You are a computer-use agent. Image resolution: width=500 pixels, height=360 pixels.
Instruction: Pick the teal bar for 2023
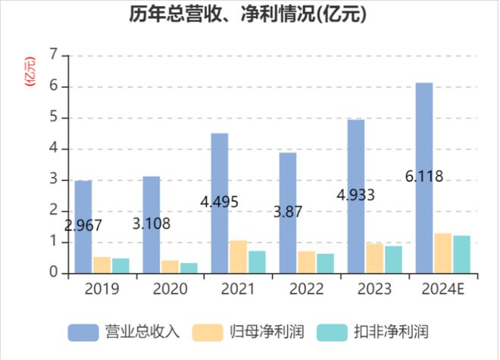pos(393,259)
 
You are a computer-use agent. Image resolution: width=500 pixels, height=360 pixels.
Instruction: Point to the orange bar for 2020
pos(170,266)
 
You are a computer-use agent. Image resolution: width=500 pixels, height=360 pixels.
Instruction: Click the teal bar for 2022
pos(325,263)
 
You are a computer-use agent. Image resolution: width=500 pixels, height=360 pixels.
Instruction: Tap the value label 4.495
pos(220,202)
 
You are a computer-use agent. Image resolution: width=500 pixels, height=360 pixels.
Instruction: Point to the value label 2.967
pos(83,225)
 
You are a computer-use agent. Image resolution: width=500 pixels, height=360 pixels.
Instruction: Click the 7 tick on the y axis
pos(53,55)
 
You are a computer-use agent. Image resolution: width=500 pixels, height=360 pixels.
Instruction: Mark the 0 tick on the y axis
pos(53,273)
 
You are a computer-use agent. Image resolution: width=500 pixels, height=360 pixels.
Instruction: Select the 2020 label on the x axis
pos(170,290)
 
